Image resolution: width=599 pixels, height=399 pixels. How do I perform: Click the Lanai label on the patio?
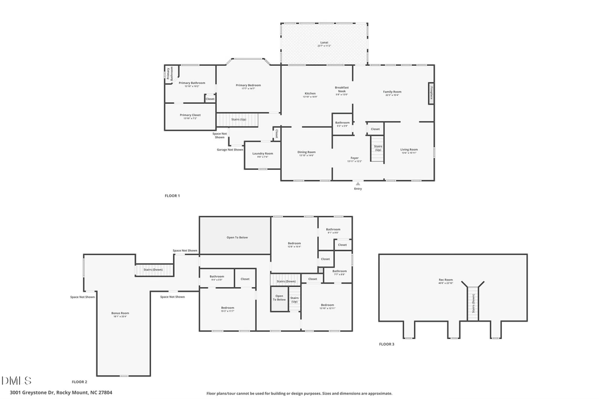pos(323,43)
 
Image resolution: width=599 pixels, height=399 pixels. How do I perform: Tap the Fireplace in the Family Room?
pos(431,93)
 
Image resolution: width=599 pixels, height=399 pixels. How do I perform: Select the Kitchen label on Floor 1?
pos(309,94)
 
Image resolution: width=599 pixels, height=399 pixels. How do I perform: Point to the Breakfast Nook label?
pos(342,90)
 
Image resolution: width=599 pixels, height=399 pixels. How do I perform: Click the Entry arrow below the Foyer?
pos(358,183)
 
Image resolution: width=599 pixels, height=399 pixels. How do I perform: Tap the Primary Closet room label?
pos(189,116)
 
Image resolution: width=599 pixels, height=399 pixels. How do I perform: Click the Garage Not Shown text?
pos(230,149)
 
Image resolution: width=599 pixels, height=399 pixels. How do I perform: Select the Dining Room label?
pos(306,153)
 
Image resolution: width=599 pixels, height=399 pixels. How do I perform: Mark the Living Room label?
pos(409,151)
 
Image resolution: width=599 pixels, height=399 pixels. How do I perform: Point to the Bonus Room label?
pos(120,314)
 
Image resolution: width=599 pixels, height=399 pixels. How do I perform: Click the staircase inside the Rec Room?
pos(473,304)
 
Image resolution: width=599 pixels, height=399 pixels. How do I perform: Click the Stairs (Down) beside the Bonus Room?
pos(154,270)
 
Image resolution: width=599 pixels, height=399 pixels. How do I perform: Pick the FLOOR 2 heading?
pos(79,382)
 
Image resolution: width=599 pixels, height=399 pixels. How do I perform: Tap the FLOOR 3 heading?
pos(387,344)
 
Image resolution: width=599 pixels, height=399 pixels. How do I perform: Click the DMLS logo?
pos(17,381)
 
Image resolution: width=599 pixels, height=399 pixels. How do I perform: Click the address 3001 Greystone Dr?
pos(57,392)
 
